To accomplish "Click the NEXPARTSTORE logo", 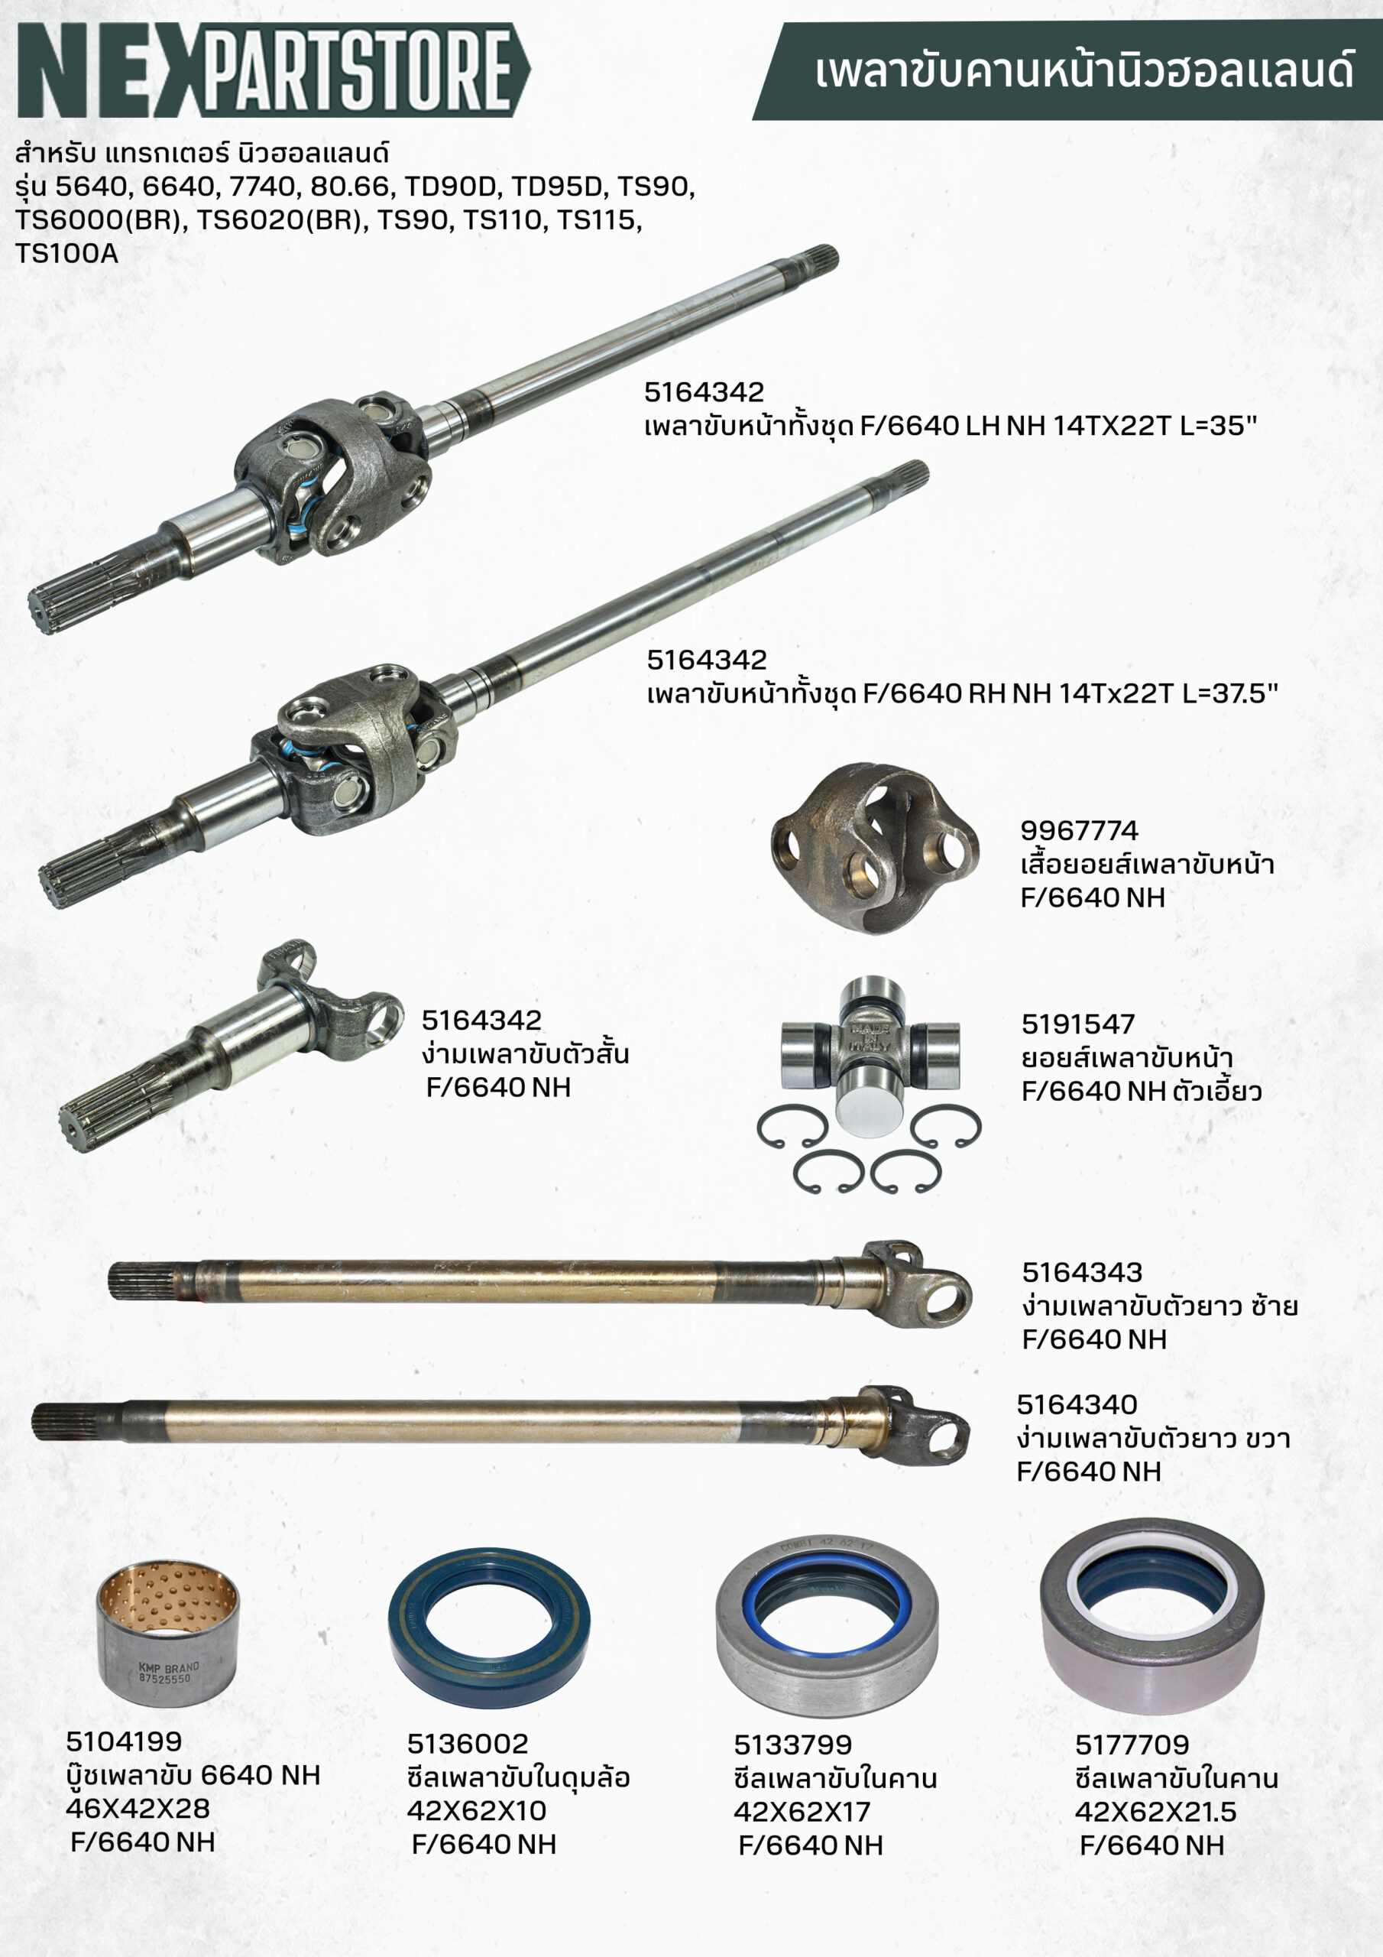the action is click(274, 69).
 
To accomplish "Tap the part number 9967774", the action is click(1079, 830).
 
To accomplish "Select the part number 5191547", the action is click(1078, 1024).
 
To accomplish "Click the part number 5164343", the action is click(1082, 1272).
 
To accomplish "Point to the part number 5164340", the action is click(1077, 1404).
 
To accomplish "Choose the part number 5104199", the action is click(124, 1741).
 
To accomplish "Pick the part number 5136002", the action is click(467, 1743).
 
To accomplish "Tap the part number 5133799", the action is click(792, 1744).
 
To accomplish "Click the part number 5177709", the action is click(1132, 1744).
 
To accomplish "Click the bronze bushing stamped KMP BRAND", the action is click(168, 1633).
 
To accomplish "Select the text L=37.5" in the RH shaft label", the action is click(1229, 693).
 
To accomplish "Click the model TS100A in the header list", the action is click(66, 253).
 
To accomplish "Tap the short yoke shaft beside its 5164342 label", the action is click(231, 1046).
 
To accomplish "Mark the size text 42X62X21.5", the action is click(1155, 1811).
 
